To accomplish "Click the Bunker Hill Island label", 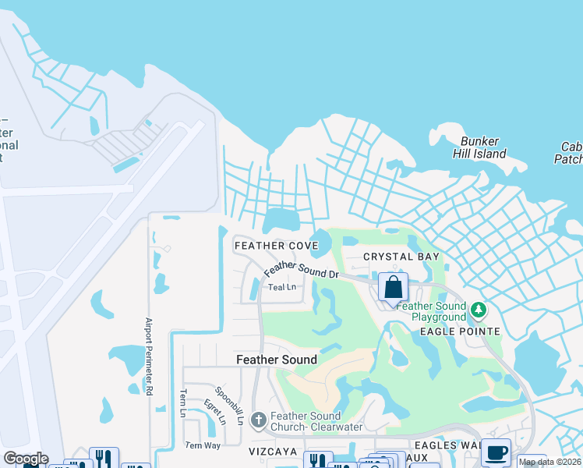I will (x=483, y=147).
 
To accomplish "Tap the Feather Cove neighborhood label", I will (x=276, y=246).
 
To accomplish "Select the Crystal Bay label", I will (x=401, y=257).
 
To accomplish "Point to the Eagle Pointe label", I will (x=459, y=331).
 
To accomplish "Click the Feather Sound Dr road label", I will (x=301, y=271).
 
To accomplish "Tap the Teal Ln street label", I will (x=282, y=287).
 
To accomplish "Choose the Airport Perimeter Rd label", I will (x=148, y=356).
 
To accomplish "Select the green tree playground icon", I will (x=479, y=311).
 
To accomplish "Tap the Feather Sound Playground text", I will (x=430, y=312).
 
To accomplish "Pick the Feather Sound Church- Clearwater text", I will (x=306, y=421).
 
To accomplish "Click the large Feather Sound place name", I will (x=277, y=360).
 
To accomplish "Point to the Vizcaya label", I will (x=273, y=452).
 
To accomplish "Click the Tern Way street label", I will (x=202, y=445).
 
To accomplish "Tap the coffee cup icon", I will (x=496, y=452).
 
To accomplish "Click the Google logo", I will (x=25, y=459).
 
